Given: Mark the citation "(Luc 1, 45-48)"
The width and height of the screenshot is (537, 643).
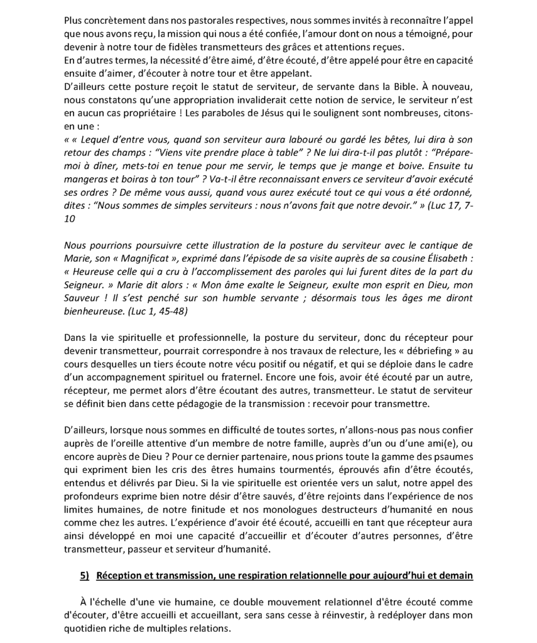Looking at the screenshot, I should [x=156, y=311].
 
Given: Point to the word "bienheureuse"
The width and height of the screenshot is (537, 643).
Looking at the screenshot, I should [x=93, y=311].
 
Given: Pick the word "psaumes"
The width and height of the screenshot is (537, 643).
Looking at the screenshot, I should [x=453, y=457].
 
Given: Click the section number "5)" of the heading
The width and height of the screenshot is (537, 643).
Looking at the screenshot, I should [x=85, y=576].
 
